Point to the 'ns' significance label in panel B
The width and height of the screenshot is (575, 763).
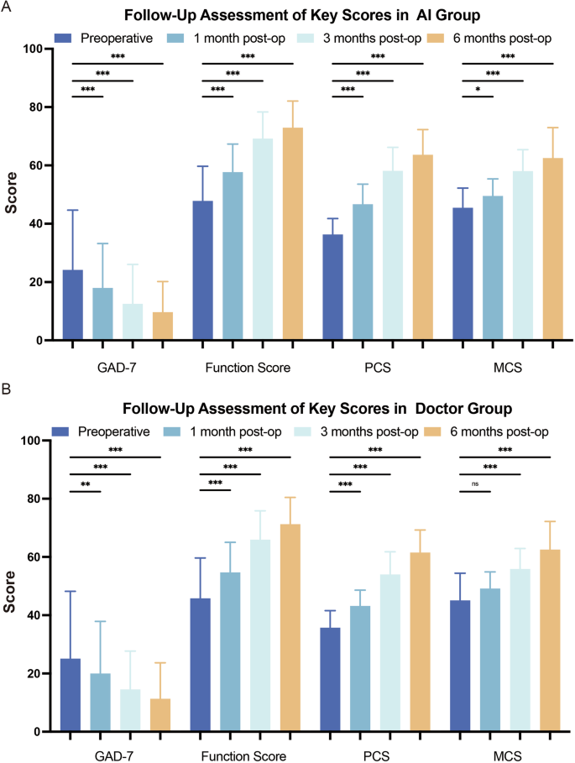point(475,483)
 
